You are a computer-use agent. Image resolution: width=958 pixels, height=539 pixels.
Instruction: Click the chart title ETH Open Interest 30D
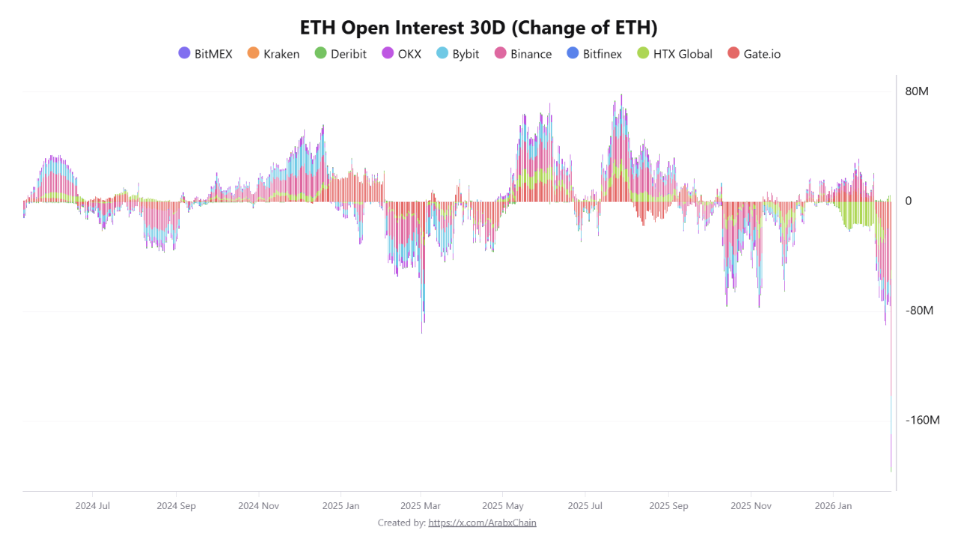(x=478, y=28)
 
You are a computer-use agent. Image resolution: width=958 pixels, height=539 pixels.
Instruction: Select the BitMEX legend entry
(x=206, y=54)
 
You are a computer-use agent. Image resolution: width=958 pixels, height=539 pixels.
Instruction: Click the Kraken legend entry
(x=273, y=54)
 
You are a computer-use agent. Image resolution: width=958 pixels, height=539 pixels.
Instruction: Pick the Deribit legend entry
(x=341, y=54)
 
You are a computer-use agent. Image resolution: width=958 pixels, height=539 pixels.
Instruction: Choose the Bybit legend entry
(x=457, y=54)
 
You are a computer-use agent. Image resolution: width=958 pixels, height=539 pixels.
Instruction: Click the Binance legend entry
(x=523, y=54)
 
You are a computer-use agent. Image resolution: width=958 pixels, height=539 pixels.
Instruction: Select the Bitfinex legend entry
(x=594, y=54)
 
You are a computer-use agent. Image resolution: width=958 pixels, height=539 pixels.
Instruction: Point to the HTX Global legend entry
(x=674, y=54)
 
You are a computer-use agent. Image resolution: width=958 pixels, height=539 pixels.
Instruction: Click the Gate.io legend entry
(x=754, y=54)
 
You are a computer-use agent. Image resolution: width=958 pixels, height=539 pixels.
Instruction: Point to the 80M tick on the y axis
(x=917, y=91)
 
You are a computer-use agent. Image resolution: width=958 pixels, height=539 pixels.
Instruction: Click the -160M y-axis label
(x=922, y=420)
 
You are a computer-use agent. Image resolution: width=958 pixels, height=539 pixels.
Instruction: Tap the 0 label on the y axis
(x=909, y=201)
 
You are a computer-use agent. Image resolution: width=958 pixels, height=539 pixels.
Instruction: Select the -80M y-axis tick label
(x=919, y=311)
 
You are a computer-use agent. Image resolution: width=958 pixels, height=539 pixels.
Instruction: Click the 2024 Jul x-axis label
(x=93, y=506)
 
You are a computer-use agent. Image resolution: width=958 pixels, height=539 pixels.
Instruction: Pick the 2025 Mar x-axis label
(x=421, y=506)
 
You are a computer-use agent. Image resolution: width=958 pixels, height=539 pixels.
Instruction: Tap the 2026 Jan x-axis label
(x=833, y=506)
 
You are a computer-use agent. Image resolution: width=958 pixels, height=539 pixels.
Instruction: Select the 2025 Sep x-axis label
(x=668, y=506)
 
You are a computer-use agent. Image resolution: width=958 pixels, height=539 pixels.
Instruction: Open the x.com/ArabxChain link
(x=482, y=523)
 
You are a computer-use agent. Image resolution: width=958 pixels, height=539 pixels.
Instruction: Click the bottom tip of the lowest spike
(x=891, y=471)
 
